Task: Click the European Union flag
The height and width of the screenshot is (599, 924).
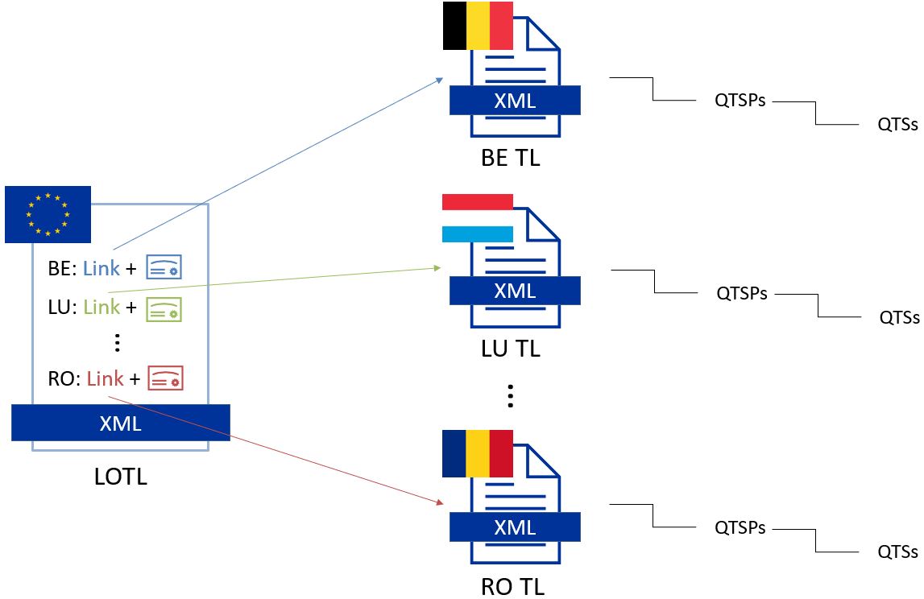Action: pos(48,214)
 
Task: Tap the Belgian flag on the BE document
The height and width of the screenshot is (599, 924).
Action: pos(478,26)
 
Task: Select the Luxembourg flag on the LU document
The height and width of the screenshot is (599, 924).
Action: pos(478,217)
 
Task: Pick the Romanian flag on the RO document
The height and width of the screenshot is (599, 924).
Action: pos(478,454)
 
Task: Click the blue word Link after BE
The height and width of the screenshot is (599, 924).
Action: pos(102,268)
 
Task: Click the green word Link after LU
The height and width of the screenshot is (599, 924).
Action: pos(102,307)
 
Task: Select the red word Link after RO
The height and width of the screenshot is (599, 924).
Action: pos(105,378)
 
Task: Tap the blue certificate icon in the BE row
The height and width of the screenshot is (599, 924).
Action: pos(164,268)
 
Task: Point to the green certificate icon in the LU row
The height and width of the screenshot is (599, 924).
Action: pos(164,308)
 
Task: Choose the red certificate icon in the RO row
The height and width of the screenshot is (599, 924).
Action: pos(165,378)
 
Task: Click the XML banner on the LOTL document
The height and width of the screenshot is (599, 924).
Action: pos(121,423)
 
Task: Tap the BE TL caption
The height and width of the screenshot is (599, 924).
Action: pos(510,158)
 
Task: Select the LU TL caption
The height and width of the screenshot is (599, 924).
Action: pos(511,349)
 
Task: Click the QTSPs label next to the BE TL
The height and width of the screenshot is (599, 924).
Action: pos(740,101)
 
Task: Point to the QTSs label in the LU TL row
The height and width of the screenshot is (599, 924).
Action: pos(899,317)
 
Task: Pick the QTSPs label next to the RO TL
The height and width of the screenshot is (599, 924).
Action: pos(740,528)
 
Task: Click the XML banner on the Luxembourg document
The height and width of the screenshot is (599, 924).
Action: pos(515,291)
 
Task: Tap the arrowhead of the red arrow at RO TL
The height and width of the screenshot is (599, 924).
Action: pos(440,502)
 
